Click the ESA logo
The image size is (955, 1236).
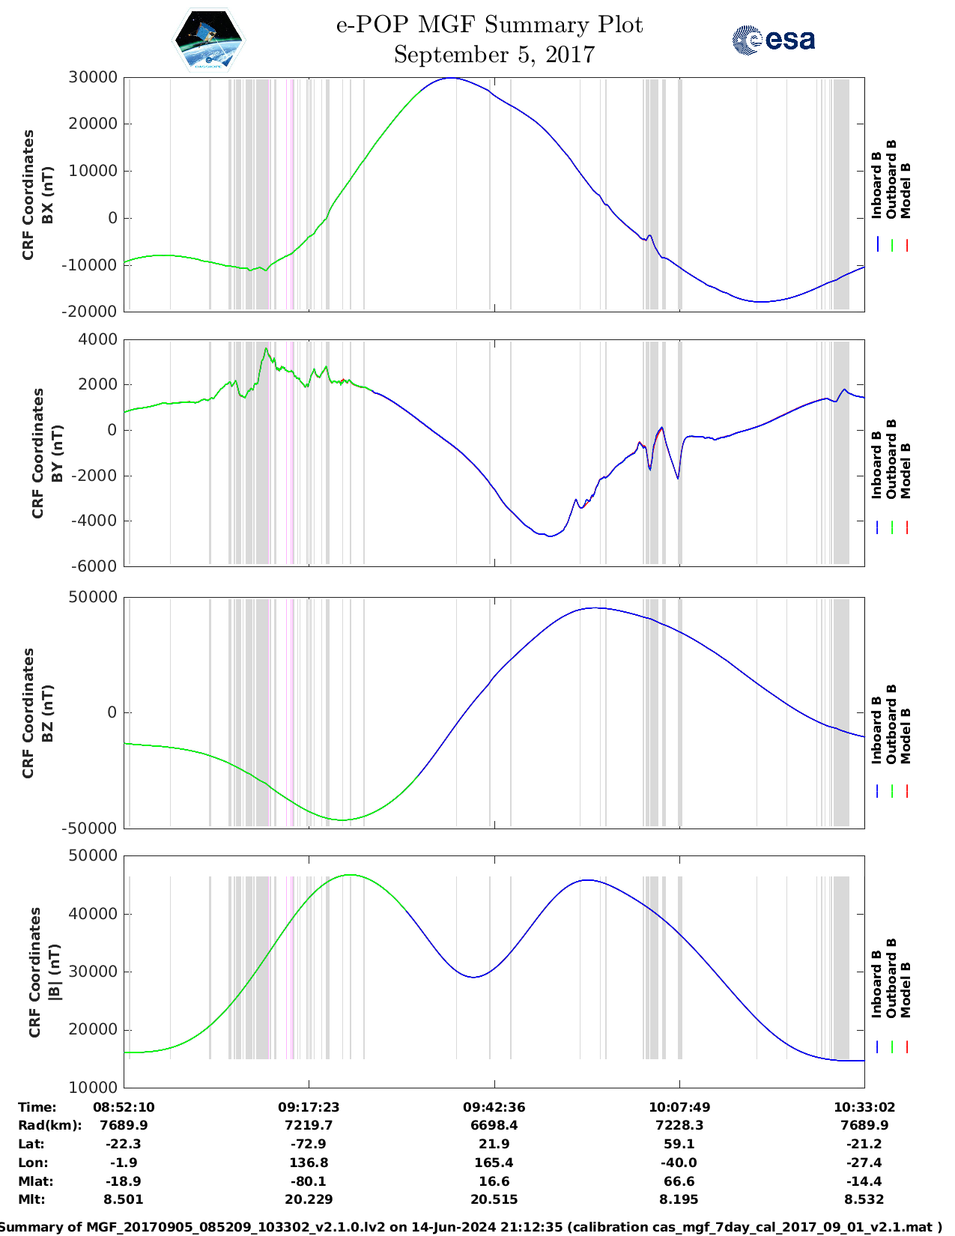[774, 40]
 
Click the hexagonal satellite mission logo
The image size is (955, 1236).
[208, 40]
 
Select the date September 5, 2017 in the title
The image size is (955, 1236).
[494, 55]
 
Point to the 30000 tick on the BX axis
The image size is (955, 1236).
[93, 77]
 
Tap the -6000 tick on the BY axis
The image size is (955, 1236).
[94, 566]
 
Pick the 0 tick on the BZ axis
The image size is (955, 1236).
[112, 712]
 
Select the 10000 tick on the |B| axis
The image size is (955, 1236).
[93, 1087]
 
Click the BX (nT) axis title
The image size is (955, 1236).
[47, 196]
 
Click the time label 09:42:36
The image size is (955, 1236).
[494, 1107]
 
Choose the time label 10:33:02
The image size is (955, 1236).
[864, 1107]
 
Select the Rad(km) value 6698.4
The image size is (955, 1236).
[494, 1125]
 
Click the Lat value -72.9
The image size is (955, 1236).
[309, 1144]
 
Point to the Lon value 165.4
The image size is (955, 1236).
[494, 1163]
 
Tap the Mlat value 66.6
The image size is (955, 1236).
[679, 1181]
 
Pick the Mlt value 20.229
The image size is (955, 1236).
[309, 1199]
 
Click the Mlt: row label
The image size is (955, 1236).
[31, 1199]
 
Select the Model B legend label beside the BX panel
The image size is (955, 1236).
[906, 190]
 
